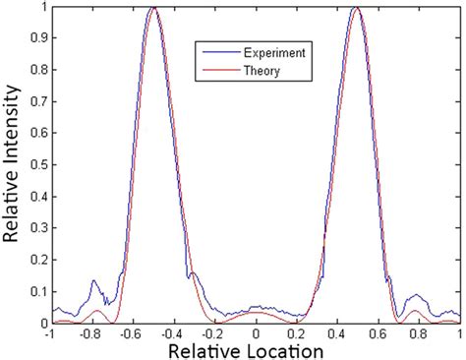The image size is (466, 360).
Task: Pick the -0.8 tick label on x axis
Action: (89, 333)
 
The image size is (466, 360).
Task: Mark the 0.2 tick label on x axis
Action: (297, 333)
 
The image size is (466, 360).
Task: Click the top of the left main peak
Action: (153, 9)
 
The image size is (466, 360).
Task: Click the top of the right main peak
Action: (357, 9)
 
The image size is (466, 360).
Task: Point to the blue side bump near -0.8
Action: (94, 281)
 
